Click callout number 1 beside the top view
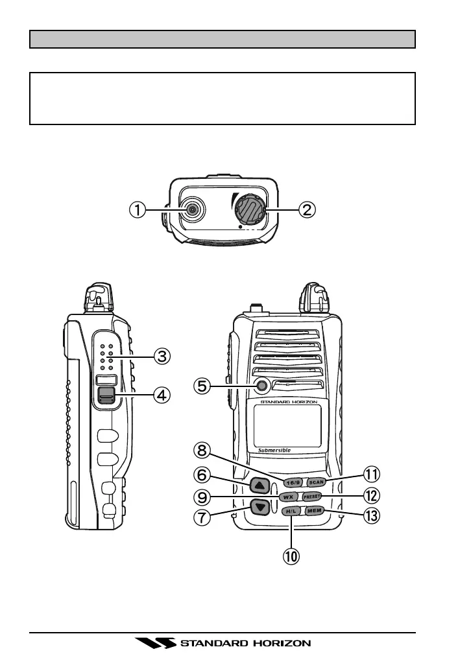pos(136,209)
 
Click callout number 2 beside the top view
pos(306,209)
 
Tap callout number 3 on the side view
pos(162,355)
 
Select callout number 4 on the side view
pos(162,393)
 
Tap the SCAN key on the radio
pos(316,482)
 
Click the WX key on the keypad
pos(287,497)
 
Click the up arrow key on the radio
pos(260,486)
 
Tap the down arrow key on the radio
pos(260,507)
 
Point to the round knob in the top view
pos(250,210)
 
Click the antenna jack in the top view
pos(192,209)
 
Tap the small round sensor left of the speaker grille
pos(262,386)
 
